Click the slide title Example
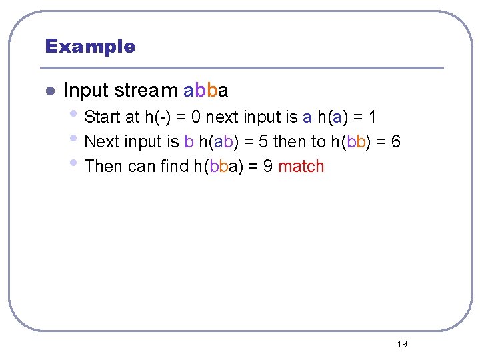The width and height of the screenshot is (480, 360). coord(90,47)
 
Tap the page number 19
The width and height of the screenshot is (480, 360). coord(401,344)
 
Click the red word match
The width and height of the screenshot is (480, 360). coord(301,166)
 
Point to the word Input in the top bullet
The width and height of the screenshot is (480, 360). coord(86,90)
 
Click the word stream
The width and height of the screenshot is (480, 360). coord(146,90)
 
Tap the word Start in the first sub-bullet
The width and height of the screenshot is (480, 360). coord(103,117)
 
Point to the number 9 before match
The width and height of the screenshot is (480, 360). coord(267,166)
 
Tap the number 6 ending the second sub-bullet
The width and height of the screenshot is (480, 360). coord(396,142)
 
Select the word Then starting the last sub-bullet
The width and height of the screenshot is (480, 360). coord(104,166)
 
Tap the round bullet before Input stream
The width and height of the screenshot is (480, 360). coord(49,91)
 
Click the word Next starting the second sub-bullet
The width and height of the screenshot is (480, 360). coord(103,142)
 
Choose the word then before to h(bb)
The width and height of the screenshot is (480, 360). coord(289,142)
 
